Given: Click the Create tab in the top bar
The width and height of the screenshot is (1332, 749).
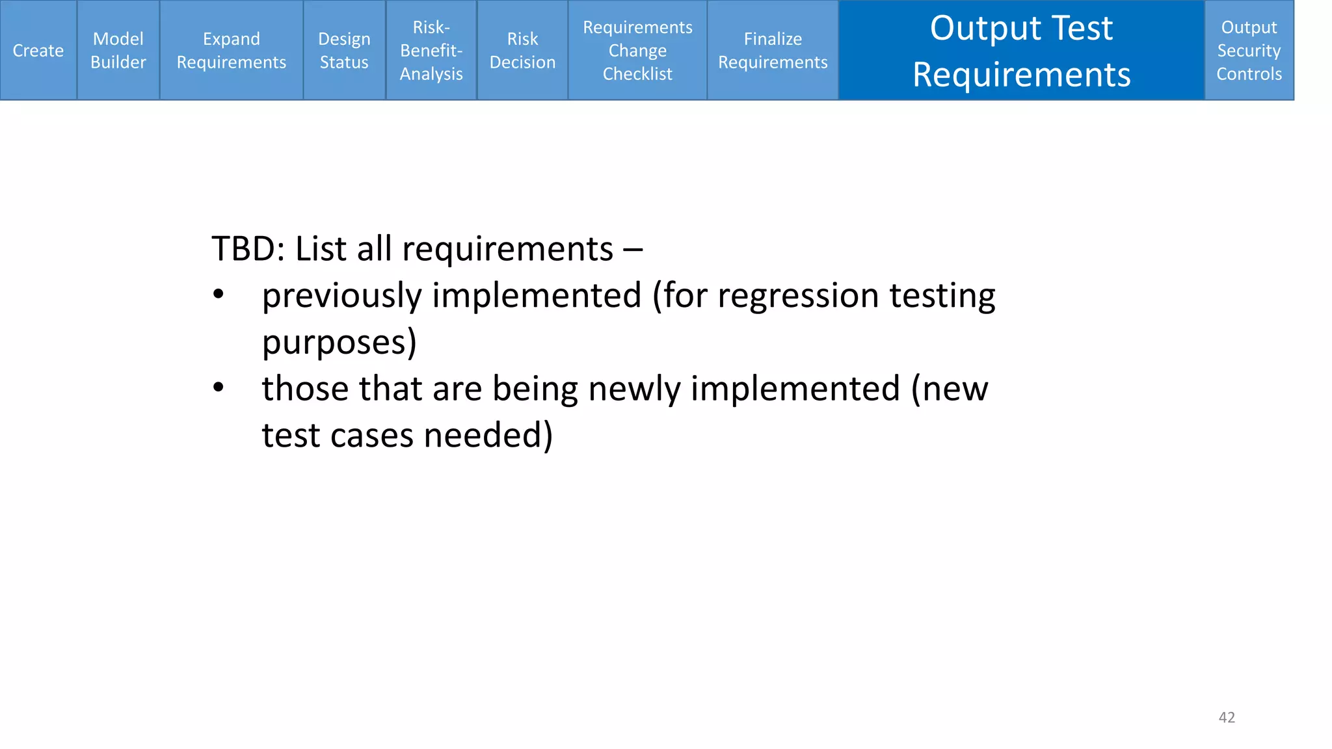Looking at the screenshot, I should pos(38,51).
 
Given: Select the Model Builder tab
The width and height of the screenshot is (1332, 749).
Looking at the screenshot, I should pos(118,51).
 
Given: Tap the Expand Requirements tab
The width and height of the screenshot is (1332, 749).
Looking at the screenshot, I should pos(232,51).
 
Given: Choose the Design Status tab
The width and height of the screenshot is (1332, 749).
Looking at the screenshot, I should pos(344,51).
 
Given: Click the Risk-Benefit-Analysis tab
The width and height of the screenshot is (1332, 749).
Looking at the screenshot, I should pos(431,51).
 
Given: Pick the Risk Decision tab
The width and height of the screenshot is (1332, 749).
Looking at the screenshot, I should pos(522,51).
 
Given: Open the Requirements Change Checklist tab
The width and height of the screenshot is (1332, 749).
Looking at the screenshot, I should pos(637,51).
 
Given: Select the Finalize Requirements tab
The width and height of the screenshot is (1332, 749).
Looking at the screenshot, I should pos(773,51).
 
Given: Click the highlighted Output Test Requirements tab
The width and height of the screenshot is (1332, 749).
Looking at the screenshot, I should pos(1021,51).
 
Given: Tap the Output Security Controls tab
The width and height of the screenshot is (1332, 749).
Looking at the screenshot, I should pos(1249,51).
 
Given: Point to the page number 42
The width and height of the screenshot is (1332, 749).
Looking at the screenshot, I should pos(1227,717).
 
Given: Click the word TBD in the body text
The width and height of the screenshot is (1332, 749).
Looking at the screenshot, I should pos(243,249).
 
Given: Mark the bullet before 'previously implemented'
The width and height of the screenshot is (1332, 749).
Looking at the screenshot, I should pos(219,295).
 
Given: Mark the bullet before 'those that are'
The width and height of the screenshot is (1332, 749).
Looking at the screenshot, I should pos(219,388).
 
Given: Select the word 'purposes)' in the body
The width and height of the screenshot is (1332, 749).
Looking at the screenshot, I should pos(339,343).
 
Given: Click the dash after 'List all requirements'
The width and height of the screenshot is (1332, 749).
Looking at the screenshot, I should pos(633,250).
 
